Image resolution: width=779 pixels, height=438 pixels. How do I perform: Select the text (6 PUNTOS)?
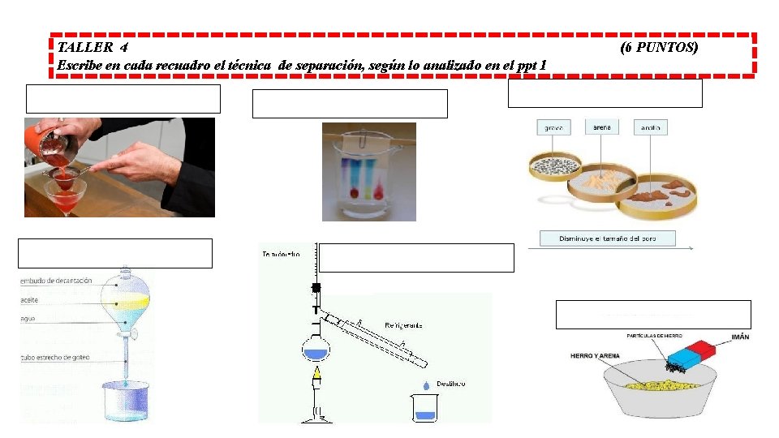(x=658, y=48)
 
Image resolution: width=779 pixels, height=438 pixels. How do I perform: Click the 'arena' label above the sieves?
(x=601, y=127)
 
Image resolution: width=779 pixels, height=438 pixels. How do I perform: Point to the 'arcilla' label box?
(x=651, y=128)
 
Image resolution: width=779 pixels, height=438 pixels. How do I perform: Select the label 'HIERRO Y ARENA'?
(x=594, y=355)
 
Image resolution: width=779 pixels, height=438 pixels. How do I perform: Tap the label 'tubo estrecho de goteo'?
(x=58, y=357)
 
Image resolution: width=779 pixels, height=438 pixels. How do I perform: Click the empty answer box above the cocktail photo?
(x=123, y=99)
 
